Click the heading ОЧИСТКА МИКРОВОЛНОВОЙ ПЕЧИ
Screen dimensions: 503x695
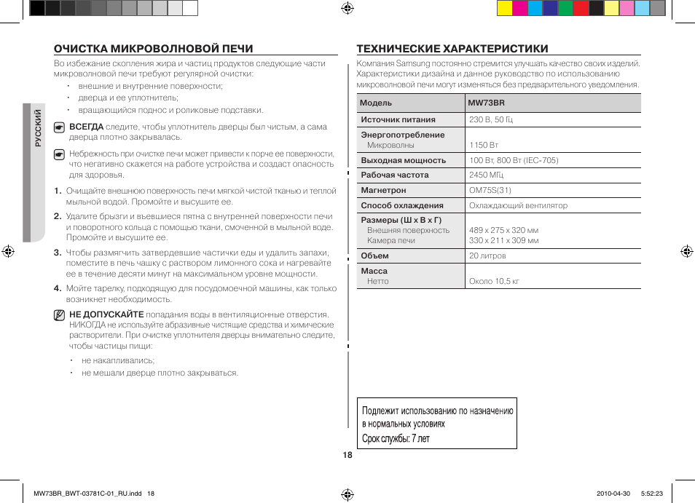coord(154,49)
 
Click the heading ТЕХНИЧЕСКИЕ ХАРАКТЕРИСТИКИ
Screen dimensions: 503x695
coord(452,49)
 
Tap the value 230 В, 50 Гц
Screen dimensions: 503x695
coord(491,119)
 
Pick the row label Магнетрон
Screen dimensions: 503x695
coord(383,190)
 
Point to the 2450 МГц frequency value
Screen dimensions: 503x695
coord(486,175)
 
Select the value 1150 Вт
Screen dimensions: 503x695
coord(484,145)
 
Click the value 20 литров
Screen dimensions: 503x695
coord(487,256)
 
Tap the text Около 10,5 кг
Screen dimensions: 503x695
coord(494,281)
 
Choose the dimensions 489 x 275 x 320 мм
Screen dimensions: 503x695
coord(503,230)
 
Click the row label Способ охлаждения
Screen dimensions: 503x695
coord(402,205)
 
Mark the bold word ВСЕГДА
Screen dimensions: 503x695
coord(86,127)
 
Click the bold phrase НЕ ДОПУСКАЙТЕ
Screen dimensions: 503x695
coord(106,314)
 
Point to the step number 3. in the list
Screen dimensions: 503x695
coord(57,253)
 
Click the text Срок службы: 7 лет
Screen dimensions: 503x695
coord(396,438)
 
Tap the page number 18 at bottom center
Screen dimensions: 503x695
coord(347,454)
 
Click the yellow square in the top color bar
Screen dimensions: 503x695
coord(504,8)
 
